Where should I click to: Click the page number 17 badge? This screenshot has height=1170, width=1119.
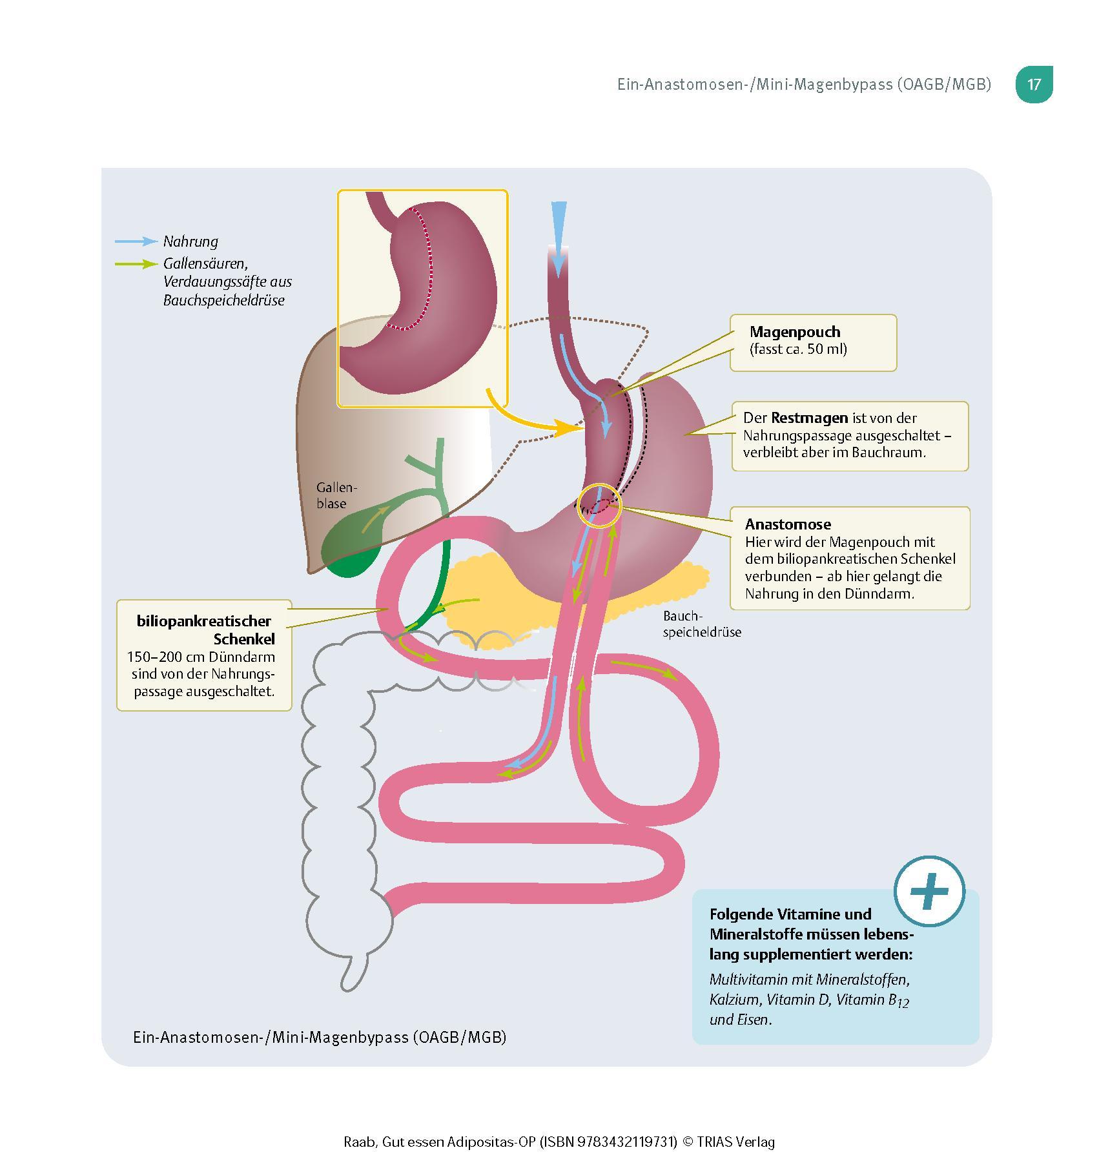click(x=1034, y=85)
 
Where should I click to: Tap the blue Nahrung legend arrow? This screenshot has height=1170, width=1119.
click(x=136, y=241)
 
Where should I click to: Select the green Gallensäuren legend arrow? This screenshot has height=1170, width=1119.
click(x=136, y=264)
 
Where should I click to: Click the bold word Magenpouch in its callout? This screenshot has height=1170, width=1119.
click(x=795, y=332)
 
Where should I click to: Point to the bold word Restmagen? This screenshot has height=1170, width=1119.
click(x=809, y=418)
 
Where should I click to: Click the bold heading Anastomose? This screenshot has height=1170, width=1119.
click(x=788, y=524)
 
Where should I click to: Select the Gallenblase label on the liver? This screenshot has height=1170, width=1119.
click(x=336, y=495)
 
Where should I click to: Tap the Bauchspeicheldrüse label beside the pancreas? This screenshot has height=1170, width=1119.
click(x=701, y=624)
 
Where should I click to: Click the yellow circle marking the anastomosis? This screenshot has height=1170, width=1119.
click(x=599, y=506)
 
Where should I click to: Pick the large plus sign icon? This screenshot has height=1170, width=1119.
click(x=929, y=892)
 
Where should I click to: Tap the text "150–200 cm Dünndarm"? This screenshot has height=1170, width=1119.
click(x=201, y=657)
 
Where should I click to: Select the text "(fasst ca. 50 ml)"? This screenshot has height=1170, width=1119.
click(x=798, y=349)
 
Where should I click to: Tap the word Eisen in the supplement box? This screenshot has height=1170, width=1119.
click(x=754, y=1020)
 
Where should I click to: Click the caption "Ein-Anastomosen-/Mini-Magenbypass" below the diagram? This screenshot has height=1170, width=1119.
click(x=271, y=1037)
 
